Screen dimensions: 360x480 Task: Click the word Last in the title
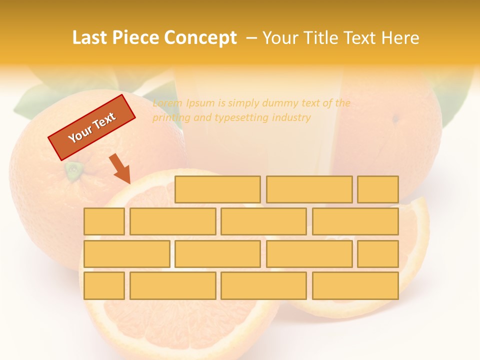(90, 38)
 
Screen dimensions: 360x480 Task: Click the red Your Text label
(91, 127)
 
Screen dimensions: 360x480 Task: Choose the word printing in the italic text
(171, 118)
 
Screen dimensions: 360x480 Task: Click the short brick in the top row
(378, 189)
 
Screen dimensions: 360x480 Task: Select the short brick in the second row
(104, 221)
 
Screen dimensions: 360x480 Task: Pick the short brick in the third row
(378, 254)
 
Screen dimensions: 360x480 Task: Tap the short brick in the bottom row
(104, 286)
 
